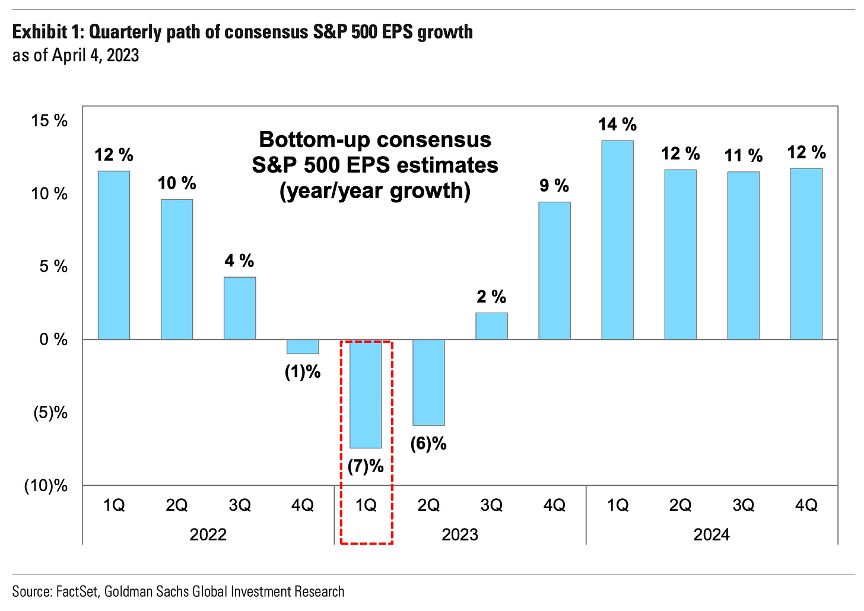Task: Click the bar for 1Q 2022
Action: (114, 255)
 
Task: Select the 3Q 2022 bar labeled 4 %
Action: (240, 308)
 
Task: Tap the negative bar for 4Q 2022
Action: (303, 346)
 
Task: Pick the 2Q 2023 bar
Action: (428, 383)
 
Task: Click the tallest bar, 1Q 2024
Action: (617, 240)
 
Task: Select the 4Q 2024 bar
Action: (806, 254)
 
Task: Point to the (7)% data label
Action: (366, 466)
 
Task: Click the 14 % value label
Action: (617, 125)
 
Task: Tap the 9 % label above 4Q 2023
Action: (554, 186)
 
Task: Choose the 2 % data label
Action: (491, 297)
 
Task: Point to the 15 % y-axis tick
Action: (50, 121)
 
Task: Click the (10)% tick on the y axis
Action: (46, 486)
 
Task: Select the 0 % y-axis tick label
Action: (53, 340)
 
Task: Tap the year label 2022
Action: (208, 534)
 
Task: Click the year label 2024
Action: (711, 534)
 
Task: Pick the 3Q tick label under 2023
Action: (491, 505)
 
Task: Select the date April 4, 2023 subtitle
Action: (95, 56)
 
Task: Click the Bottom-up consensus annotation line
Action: (375, 140)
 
